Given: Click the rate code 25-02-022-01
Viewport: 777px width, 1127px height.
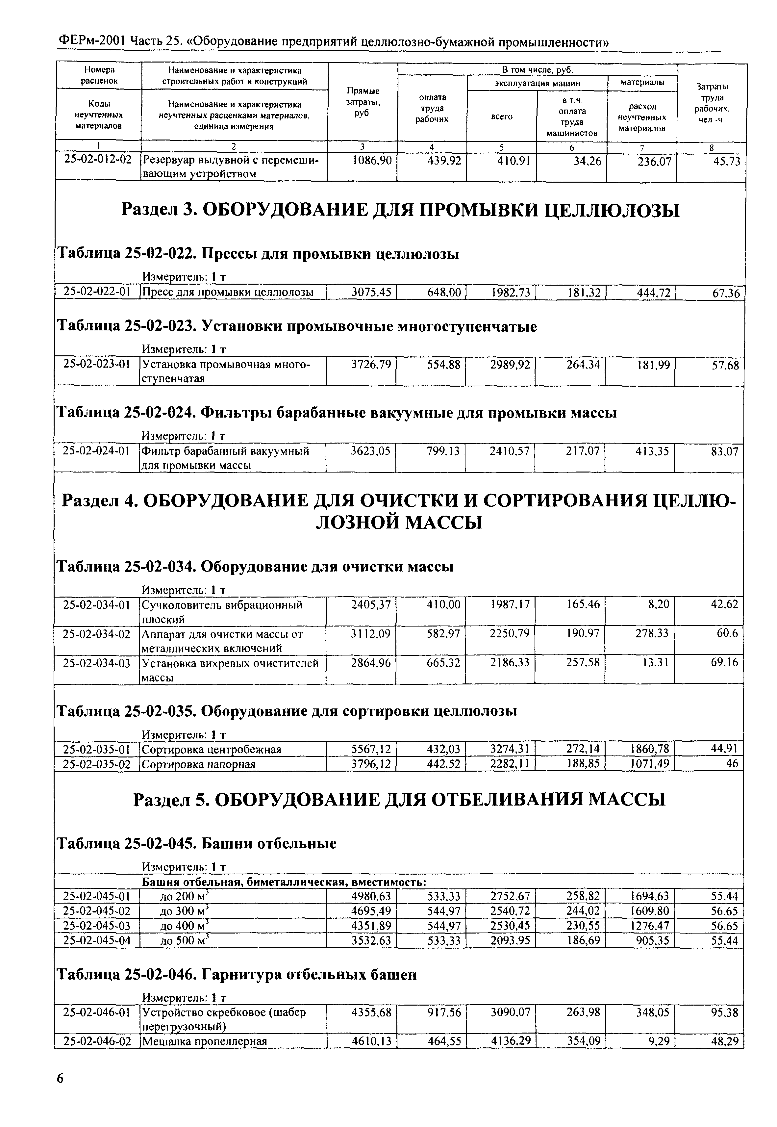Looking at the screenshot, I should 97,292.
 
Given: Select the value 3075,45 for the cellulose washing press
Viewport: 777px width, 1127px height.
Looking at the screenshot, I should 371,292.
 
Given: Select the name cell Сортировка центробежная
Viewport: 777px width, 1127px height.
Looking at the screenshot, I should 211,749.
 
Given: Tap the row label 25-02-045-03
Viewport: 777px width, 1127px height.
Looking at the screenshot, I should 97,925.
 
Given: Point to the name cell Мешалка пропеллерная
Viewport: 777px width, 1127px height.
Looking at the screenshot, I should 204,1041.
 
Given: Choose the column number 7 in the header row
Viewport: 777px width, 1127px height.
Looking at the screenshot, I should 642,147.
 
